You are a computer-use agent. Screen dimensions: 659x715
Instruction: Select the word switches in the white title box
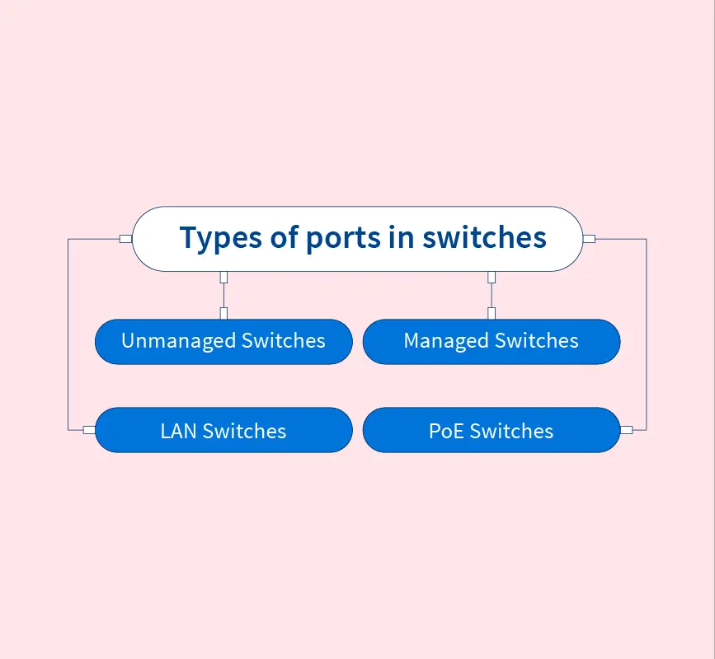[484, 238]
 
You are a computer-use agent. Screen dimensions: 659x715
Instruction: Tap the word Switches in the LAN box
[245, 431]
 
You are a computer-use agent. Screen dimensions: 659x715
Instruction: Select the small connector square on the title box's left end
[125, 239]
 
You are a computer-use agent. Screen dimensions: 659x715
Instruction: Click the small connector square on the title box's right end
[589, 239]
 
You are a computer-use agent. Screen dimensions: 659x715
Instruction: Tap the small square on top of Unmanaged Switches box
[223, 313]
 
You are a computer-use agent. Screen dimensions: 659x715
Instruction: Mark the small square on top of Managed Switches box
[492, 313]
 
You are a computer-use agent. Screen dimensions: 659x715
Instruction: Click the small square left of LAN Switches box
[89, 430]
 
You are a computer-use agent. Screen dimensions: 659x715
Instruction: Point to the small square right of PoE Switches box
[626, 430]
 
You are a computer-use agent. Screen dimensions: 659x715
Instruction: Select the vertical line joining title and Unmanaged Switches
[223, 295]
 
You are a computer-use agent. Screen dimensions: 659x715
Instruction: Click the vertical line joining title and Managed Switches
[492, 295]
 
